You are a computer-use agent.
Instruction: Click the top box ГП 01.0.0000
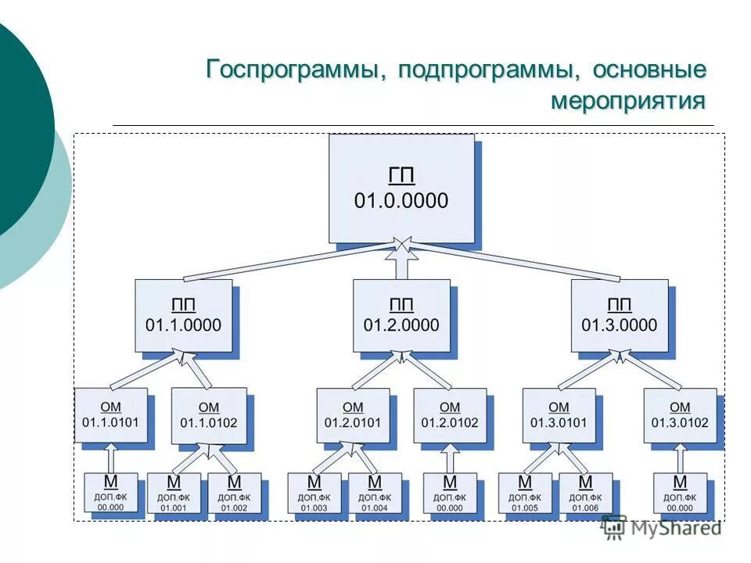401,188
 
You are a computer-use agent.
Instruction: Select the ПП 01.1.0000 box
183,314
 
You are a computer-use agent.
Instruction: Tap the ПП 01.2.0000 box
401,314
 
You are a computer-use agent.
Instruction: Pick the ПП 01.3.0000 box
619,314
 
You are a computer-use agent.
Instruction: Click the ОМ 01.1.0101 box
110,415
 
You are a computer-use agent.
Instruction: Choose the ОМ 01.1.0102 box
208,415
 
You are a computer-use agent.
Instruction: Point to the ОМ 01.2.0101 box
353,415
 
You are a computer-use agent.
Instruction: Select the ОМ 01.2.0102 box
450,415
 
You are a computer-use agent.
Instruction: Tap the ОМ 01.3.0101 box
559,415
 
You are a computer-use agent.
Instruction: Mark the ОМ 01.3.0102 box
680,415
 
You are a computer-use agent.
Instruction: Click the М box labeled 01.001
173,493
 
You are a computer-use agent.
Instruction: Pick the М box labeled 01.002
233,493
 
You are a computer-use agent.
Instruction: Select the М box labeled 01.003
314,493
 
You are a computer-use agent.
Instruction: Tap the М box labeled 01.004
374,493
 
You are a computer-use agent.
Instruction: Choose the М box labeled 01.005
524,493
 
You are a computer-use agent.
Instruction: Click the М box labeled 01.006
585,493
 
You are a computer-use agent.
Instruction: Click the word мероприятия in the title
628,102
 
